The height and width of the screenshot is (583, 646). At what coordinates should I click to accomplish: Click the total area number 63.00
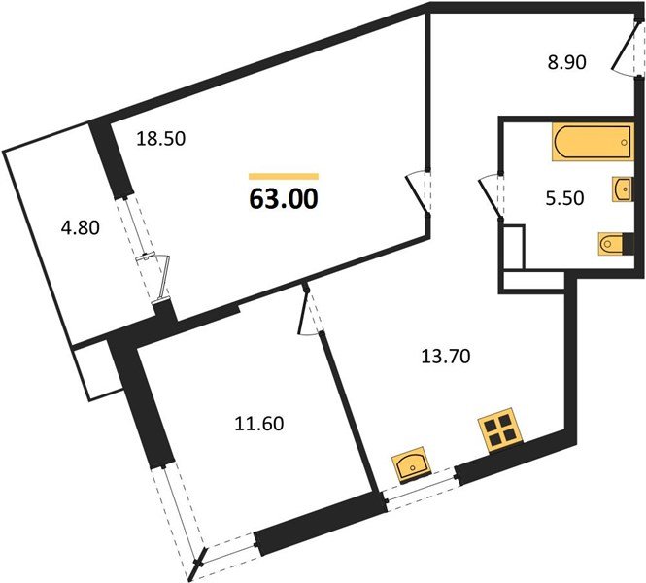[284, 199]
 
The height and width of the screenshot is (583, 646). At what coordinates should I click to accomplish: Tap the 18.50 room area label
[161, 138]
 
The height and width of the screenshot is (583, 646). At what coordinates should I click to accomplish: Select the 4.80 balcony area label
[81, 227]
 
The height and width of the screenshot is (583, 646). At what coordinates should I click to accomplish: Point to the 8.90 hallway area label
[566, 62]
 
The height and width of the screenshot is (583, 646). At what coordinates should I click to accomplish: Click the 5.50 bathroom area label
[564, 198]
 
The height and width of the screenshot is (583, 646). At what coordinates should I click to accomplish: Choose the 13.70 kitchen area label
[446, 356]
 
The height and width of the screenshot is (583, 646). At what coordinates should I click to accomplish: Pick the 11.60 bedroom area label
[259, 423]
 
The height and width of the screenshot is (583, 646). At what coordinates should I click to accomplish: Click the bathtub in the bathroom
[592, 142]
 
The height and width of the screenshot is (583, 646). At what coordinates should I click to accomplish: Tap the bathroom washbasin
[622, 189]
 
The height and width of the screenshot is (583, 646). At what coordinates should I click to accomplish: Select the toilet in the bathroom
[611, 244]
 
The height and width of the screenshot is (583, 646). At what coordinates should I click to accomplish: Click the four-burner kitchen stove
[500, 430]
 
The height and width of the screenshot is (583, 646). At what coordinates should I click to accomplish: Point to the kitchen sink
[411, 463]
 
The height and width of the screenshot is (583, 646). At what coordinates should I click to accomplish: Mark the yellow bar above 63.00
[284, 176]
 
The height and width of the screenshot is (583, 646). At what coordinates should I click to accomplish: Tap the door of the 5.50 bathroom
[491, 196]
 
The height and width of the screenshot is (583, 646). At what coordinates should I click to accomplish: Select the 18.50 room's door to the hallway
[418, 194]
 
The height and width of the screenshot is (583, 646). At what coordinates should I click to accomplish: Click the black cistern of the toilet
[629, 244]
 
